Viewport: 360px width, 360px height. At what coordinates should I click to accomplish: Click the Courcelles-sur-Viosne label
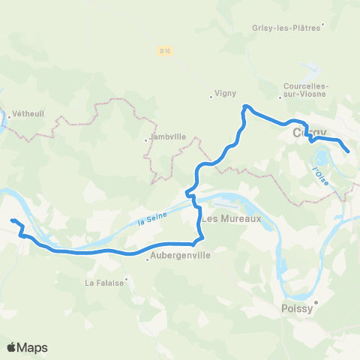304,91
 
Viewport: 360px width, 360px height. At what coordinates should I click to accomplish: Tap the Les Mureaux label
231,219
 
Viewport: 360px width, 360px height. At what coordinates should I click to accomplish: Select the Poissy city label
297,308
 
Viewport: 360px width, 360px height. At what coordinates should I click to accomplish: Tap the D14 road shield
164,50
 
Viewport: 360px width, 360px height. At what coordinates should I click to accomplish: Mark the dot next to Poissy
316,303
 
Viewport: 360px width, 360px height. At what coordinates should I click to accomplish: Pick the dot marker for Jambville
147,139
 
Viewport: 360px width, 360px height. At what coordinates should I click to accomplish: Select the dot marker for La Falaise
126,280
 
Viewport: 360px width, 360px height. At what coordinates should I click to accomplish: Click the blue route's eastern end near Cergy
349,152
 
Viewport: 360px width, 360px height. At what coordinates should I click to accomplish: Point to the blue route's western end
13,220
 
